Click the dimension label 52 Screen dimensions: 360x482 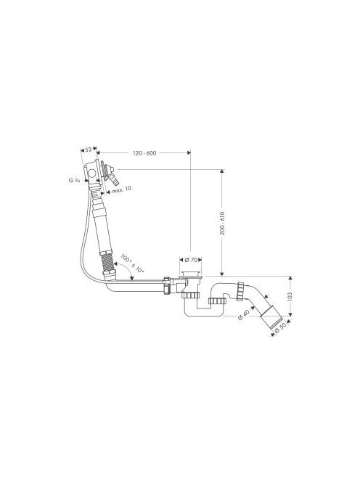point(89,150)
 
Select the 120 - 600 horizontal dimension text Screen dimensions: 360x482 point(144,153)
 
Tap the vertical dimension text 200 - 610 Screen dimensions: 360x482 point(222,224)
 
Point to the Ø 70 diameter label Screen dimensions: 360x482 point(191,260)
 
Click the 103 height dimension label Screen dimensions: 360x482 point(290,296)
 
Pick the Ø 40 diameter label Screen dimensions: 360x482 point(243,315)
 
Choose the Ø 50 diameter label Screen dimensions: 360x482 point(280,327)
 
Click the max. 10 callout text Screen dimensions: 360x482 point(121,189)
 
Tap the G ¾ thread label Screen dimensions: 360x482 point(74,181)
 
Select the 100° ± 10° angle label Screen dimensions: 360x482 point(132,264)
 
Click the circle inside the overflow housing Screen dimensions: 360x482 point(92,173)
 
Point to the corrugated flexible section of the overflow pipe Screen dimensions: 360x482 point(108,262)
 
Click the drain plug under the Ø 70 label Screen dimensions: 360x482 point(191,274)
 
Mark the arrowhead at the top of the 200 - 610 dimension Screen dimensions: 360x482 point(222,171)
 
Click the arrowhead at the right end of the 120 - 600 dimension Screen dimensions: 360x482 point(188,152)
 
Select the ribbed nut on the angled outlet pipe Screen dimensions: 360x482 point(240,291)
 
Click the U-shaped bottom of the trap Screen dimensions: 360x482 point(204,311)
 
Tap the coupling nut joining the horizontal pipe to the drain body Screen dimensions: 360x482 point(167,285)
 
